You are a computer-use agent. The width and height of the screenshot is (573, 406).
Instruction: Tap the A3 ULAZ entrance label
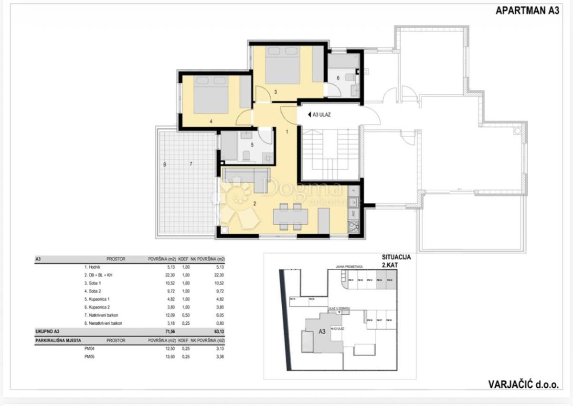[x=323, y=114]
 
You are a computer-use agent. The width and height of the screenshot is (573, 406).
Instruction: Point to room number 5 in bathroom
[x=253, y=144]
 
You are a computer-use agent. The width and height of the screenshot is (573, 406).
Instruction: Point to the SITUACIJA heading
[x=396, y=256]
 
